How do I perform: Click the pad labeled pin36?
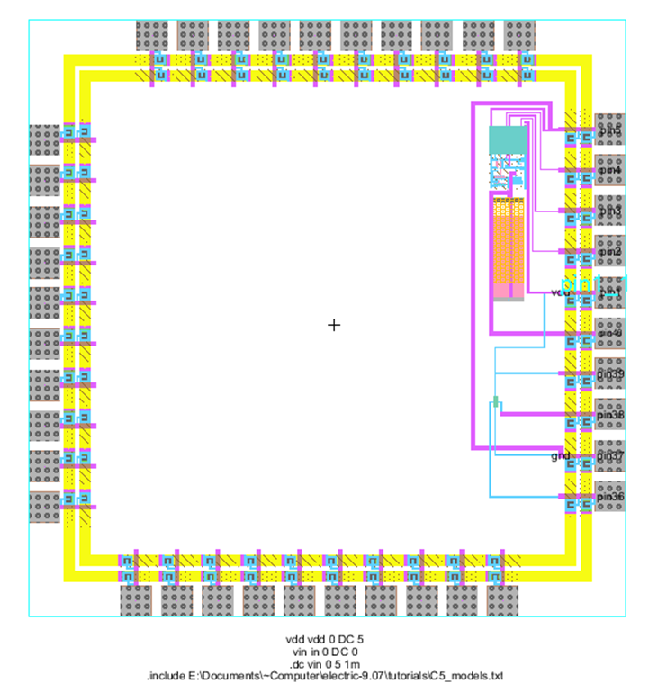[610, 496]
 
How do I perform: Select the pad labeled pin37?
[610, 456]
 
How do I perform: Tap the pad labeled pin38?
[610, 415]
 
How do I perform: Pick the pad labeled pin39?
[610, 373]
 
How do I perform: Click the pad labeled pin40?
[610, 333]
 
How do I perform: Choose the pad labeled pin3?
[610, 211]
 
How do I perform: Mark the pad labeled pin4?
[610, 169]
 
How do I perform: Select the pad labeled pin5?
[610, 131]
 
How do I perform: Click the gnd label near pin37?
[561, 456]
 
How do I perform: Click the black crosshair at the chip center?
[334, 324]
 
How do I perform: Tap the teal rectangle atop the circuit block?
[507, 139]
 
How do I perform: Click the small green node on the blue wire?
[495, 400]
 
